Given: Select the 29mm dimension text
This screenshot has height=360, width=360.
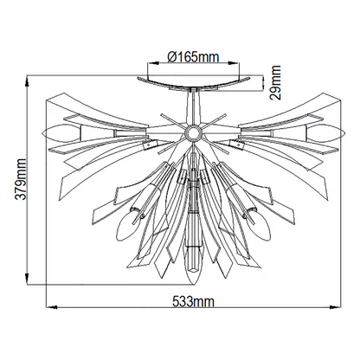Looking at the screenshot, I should [275, 81].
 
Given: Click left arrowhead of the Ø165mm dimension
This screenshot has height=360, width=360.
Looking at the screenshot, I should [149, 68].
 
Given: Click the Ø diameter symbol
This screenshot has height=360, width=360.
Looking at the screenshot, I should [170, 59].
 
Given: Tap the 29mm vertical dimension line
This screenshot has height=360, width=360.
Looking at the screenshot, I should [261, 81].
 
